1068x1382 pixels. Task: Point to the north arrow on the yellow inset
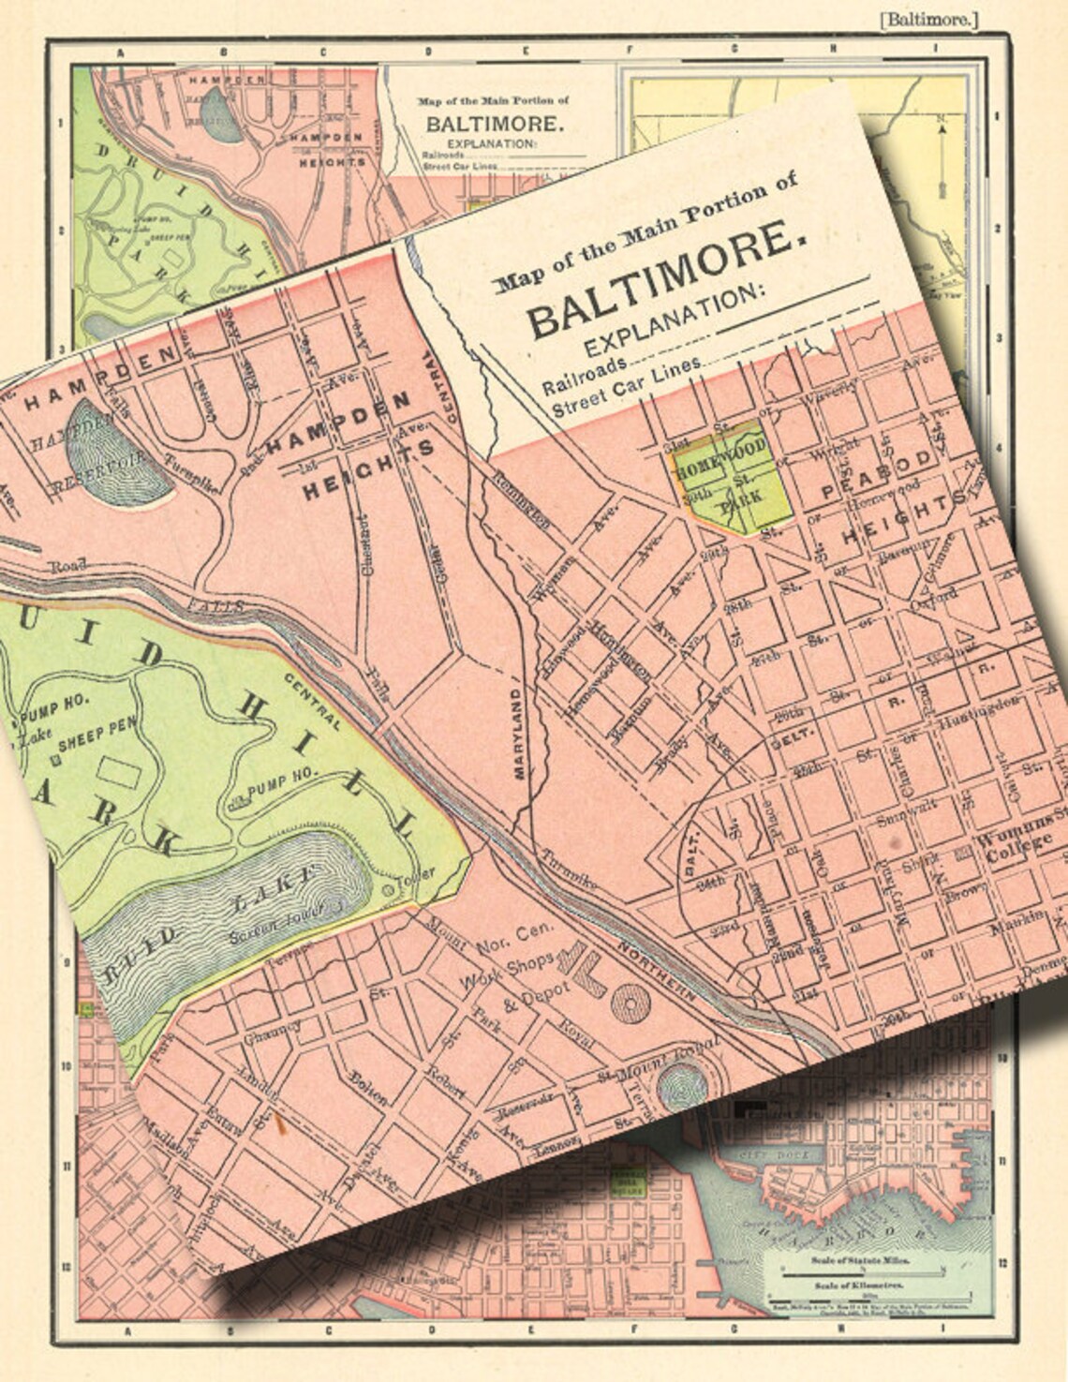pyautogui.click(x=941, y=155)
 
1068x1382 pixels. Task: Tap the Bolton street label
pyautogui.click(x=367, y=1083)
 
